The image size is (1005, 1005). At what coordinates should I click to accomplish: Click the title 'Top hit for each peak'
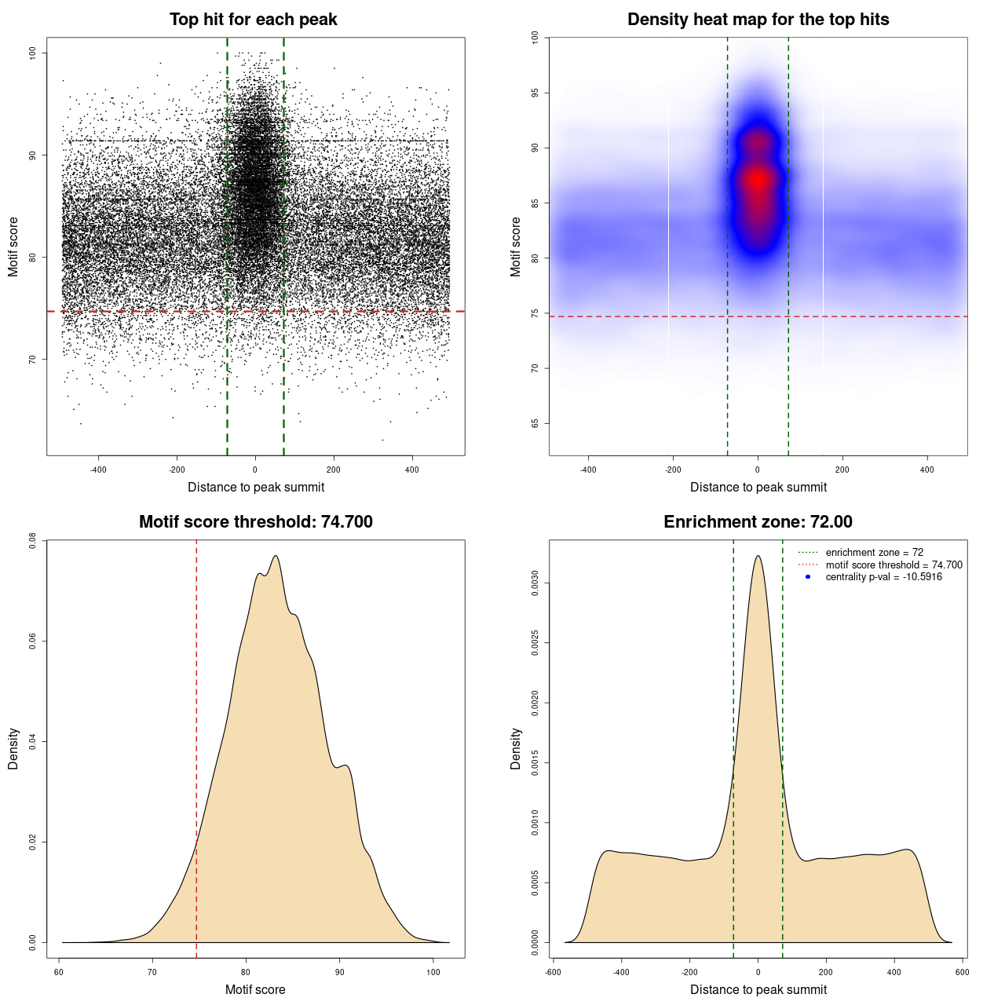253,20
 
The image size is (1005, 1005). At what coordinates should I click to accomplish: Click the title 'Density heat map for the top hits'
758,20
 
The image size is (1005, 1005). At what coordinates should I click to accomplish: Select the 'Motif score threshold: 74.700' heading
255,522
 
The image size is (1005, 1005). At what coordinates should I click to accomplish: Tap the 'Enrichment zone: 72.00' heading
758,522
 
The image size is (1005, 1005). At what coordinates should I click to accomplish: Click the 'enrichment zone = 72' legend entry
874,553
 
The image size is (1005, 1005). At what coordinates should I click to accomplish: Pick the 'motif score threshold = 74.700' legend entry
894,565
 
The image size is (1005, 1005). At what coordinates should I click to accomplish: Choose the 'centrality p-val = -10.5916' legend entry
883,577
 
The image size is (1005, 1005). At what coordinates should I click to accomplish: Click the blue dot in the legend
808,577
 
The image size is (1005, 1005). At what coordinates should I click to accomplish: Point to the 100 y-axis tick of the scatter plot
33,53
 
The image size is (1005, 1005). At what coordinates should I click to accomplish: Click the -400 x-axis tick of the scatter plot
98,470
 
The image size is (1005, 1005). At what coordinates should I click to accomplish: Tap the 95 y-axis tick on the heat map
535,93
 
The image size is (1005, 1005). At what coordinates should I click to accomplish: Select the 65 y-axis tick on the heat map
535,423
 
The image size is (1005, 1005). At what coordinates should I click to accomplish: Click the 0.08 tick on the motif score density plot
33,540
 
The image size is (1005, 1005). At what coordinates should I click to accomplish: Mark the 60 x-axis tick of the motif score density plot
59,972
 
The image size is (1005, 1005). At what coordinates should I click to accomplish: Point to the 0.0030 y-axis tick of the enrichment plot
535,583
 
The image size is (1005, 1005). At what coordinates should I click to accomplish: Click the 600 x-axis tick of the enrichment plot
962,972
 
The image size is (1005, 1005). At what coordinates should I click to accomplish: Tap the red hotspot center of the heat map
758,179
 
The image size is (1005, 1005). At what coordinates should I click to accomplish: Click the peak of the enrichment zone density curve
758,556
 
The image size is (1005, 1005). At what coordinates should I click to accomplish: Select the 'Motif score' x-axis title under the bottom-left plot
255,989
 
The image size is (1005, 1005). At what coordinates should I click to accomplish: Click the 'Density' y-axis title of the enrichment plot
516,748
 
